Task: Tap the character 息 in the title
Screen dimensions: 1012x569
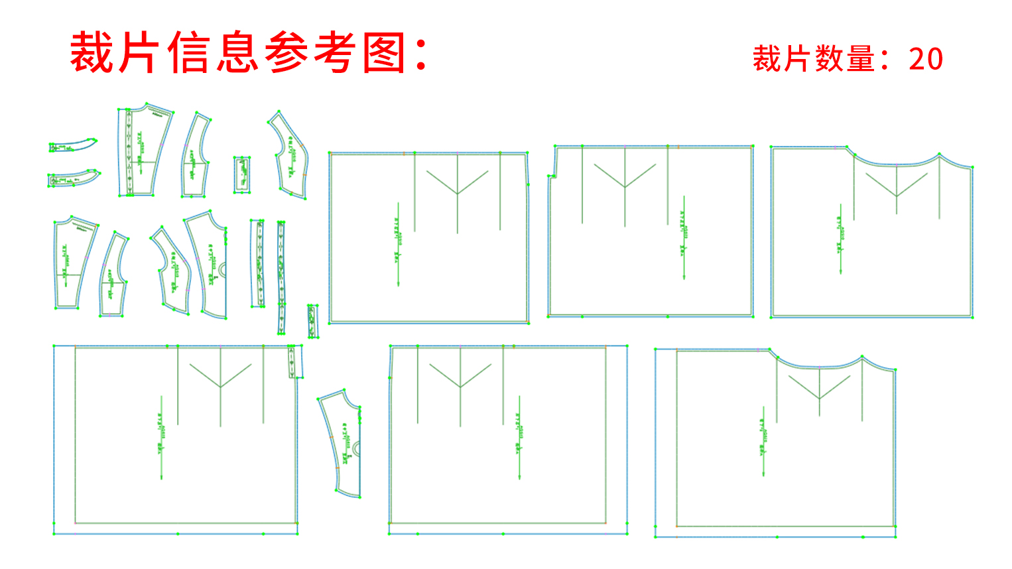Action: point(237,53)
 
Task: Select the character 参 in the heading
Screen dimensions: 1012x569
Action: point(286,53)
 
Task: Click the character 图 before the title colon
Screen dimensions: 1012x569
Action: point(384,53)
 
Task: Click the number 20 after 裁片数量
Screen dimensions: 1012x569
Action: point(926,59)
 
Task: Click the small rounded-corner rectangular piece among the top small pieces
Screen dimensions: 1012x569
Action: point(243,175)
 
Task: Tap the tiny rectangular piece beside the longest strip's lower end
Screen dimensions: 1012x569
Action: point(312,322)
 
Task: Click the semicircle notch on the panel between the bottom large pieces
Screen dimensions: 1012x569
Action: point(357,449)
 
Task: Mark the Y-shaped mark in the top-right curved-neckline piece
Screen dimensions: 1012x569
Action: point(897,184)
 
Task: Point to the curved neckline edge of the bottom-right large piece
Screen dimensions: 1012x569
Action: point(820,364)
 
